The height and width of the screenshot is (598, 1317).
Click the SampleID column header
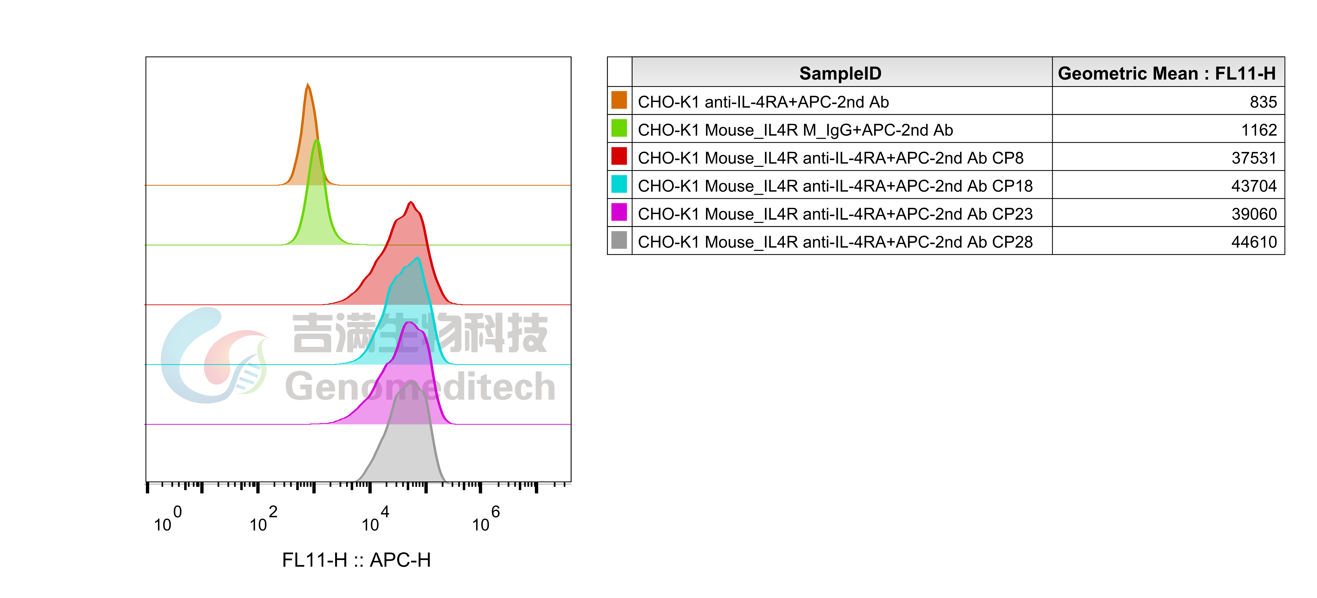841,73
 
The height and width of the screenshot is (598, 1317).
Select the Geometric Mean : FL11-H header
1167,73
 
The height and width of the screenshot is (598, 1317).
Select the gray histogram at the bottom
406,450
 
